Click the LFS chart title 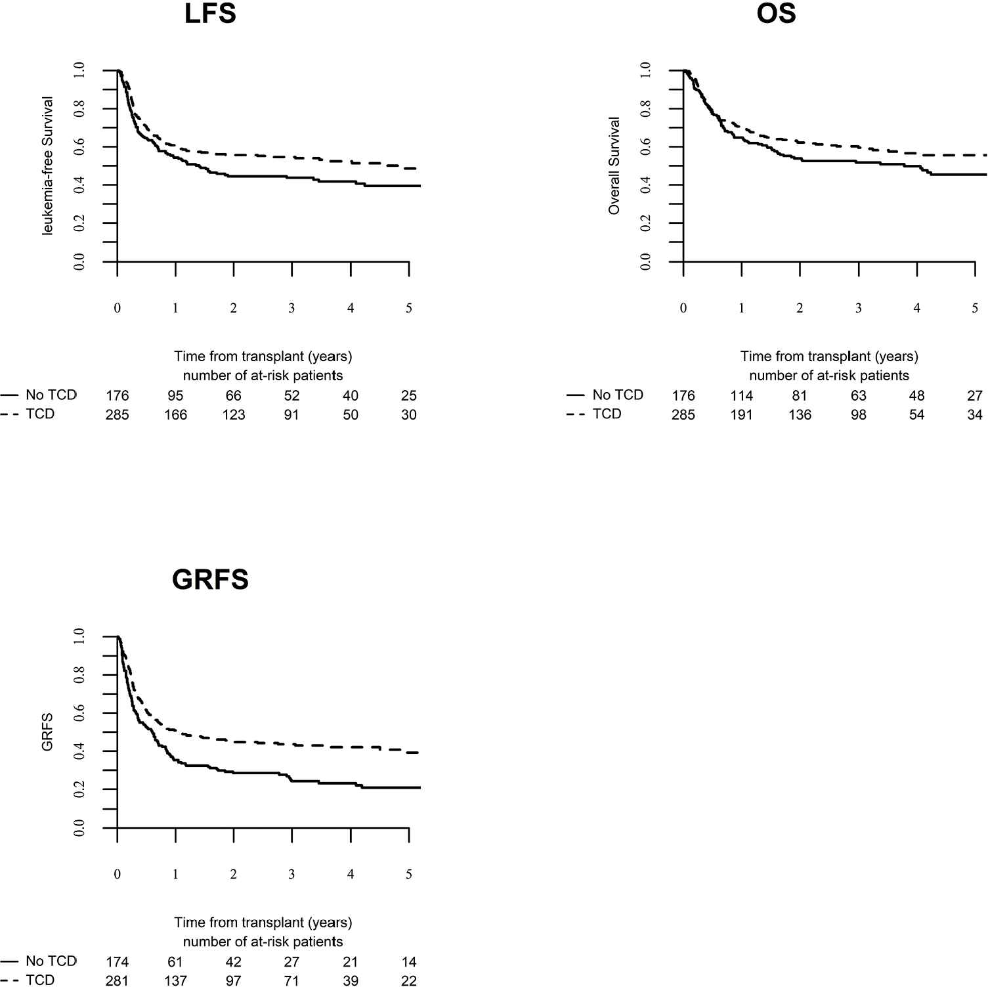[210, 13]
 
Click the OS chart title [776, 13]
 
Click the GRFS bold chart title [210, 579]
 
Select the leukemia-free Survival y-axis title [47, 165]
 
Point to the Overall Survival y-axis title [614, 165]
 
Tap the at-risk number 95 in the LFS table [175, 395]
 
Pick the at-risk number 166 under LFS [175, 414]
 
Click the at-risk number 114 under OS [741, 395]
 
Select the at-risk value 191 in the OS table [741, 414]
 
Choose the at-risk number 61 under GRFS [175, 961]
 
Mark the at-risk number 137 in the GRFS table [175, 980]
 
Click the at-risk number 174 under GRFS [117, 961]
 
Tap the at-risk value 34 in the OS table [975, 414]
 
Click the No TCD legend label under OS [617, 395]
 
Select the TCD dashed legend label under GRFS [40, 980]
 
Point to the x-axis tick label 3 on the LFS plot [291, 308]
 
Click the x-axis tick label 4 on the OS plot [916, 308]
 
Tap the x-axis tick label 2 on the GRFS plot [233, 874]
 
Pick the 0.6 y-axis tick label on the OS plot [646, 146]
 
